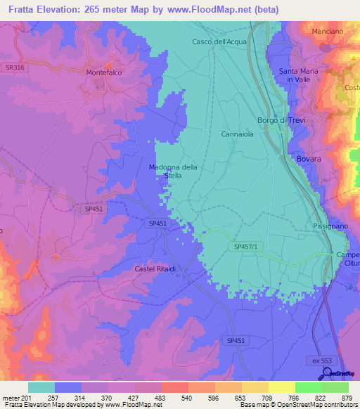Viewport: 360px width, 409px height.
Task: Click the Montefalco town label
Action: coord(105,72)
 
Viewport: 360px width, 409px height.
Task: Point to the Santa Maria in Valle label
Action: coord(299,76)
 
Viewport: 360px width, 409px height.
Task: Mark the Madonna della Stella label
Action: coord(173,171)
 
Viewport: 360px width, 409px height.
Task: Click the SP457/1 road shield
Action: coord(246,245)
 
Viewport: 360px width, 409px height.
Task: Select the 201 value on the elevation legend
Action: coord(27,397)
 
